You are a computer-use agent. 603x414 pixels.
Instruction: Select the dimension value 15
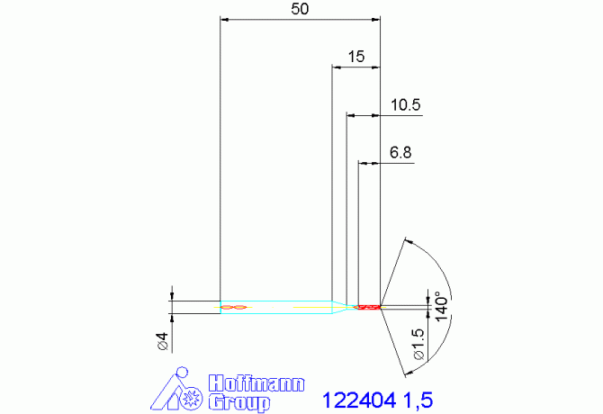point(355,56)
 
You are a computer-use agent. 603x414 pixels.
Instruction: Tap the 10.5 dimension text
point(406,105)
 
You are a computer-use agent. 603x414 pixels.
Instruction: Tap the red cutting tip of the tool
point(368,308)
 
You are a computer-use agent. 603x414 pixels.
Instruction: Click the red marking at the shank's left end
point(233,308)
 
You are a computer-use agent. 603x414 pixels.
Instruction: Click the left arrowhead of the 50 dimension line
point(225,18)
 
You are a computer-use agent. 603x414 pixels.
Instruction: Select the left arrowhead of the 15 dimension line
point(336,67)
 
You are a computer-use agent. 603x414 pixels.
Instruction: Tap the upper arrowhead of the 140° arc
point(409,241)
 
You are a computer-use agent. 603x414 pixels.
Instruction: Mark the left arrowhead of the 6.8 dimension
point(363,163)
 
